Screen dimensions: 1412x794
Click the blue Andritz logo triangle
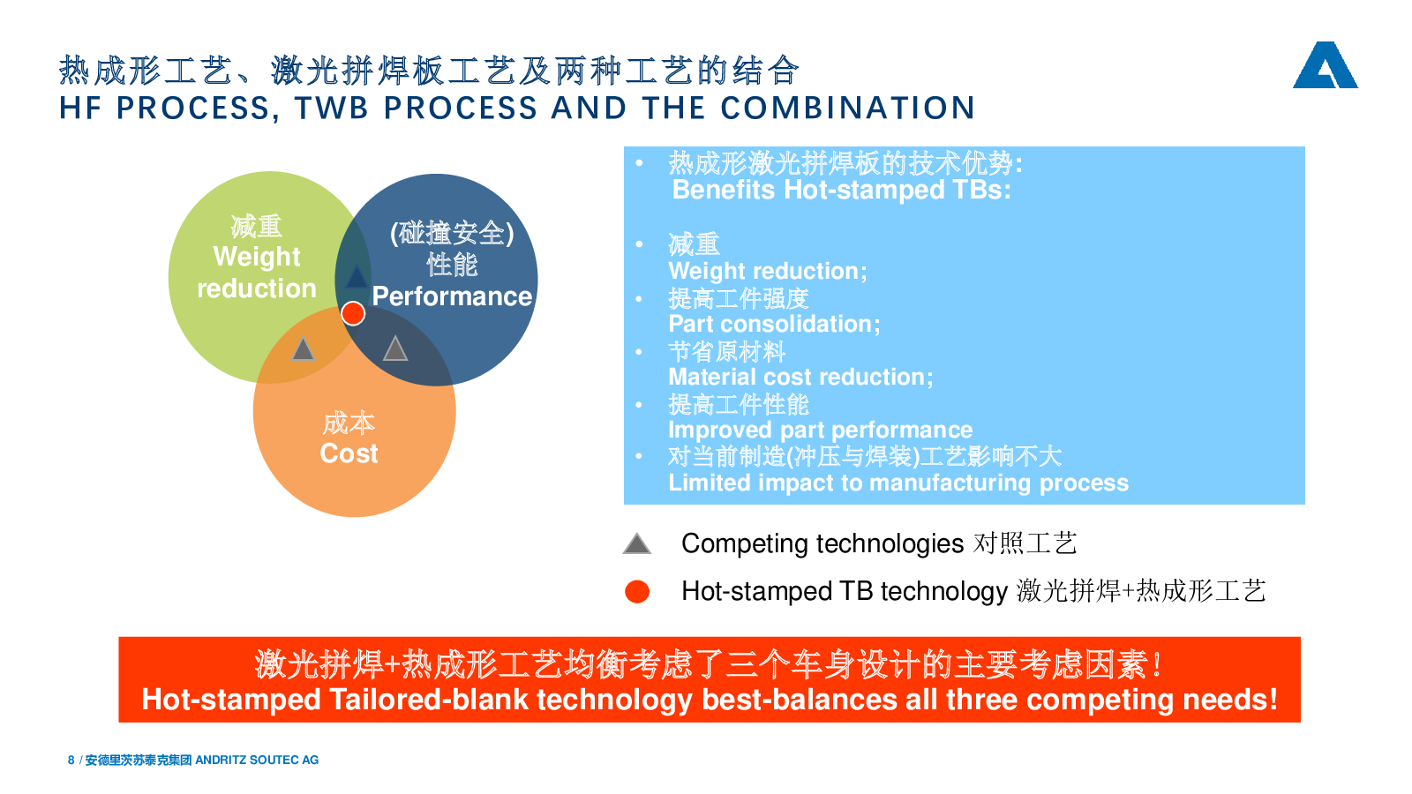point(1325,65)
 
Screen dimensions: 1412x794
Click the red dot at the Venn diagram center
point(353,313)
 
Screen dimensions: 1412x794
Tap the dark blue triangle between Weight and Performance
point(357,277)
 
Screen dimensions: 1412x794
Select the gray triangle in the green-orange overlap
point(304,348)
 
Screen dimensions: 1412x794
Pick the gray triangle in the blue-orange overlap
point(395,348)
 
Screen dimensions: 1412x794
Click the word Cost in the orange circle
point(349,453)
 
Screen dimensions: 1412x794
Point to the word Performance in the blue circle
point(452,296)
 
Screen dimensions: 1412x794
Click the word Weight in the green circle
point(257,257)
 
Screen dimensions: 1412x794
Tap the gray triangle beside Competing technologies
point(636,543)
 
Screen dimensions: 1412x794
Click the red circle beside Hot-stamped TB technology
point(636,592)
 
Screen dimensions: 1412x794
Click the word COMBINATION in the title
point(848,108)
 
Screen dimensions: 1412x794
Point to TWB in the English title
point(332,108)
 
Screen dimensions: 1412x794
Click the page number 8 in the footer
point(71,760)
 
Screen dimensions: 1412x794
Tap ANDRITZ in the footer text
point(221,760)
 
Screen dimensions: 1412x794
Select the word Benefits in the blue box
point(724,190)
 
